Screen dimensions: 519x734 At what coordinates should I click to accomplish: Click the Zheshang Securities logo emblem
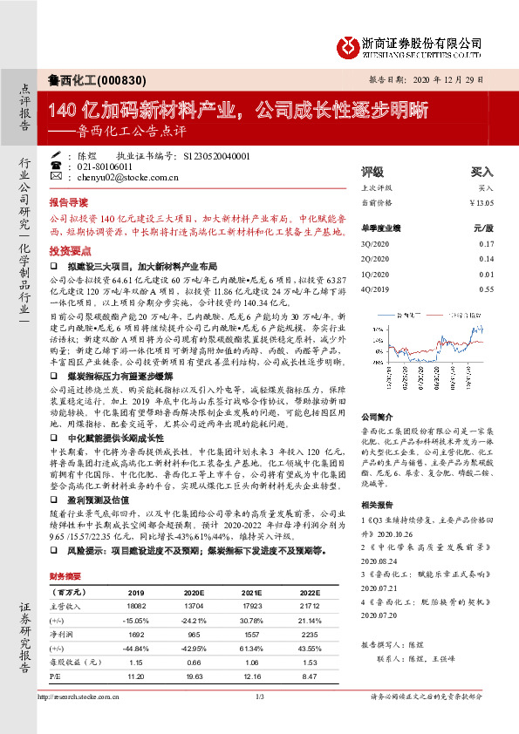pos(349,44)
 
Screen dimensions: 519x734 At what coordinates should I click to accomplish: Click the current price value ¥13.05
pos(481,201)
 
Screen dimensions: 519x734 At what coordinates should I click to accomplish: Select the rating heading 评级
pos(372,172)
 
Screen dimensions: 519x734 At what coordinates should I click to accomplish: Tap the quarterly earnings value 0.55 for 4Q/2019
pos(486,288)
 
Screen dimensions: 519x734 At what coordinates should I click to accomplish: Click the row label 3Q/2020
pos(374,245)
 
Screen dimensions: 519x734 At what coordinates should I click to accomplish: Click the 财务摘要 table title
pos(65,577)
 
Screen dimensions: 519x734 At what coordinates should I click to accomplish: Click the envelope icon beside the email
pos(56,177)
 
